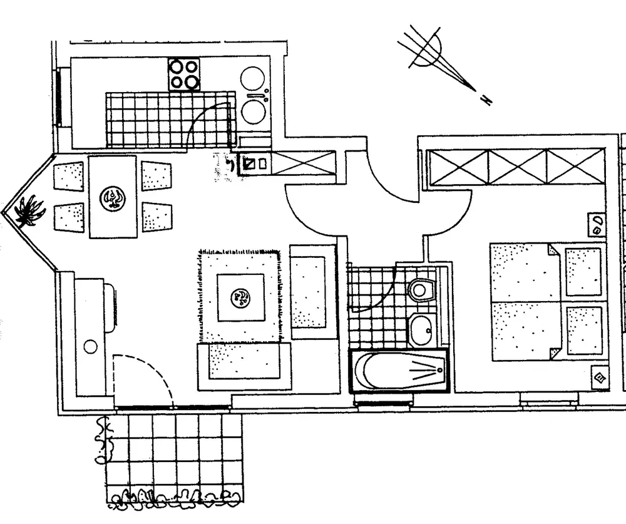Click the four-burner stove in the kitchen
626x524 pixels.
pyautogui.click(x=183, y=74)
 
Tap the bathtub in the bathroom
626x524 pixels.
pyautogui.click(x=399, y=371)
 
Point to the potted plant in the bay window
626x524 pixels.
pyautogui.click(x=28, y=210)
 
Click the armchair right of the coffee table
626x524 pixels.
pyautogui.click(x=309, y=292)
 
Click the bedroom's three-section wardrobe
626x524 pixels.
pyautogui.click(x=516, y=167)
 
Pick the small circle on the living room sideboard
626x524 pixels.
pyautogui.click(x=91, y=345)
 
